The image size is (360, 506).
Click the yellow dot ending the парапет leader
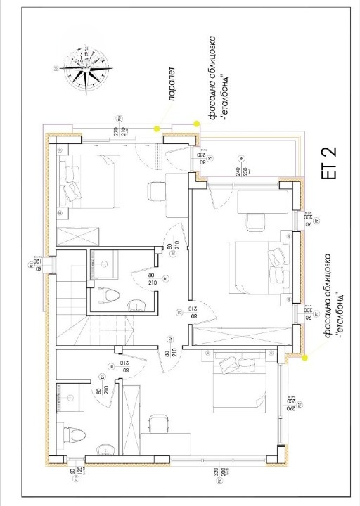[x=157, y=127]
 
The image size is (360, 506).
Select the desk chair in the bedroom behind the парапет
[x=155, y=190]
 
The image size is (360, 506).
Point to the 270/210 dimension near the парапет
[x=118, y=131]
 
